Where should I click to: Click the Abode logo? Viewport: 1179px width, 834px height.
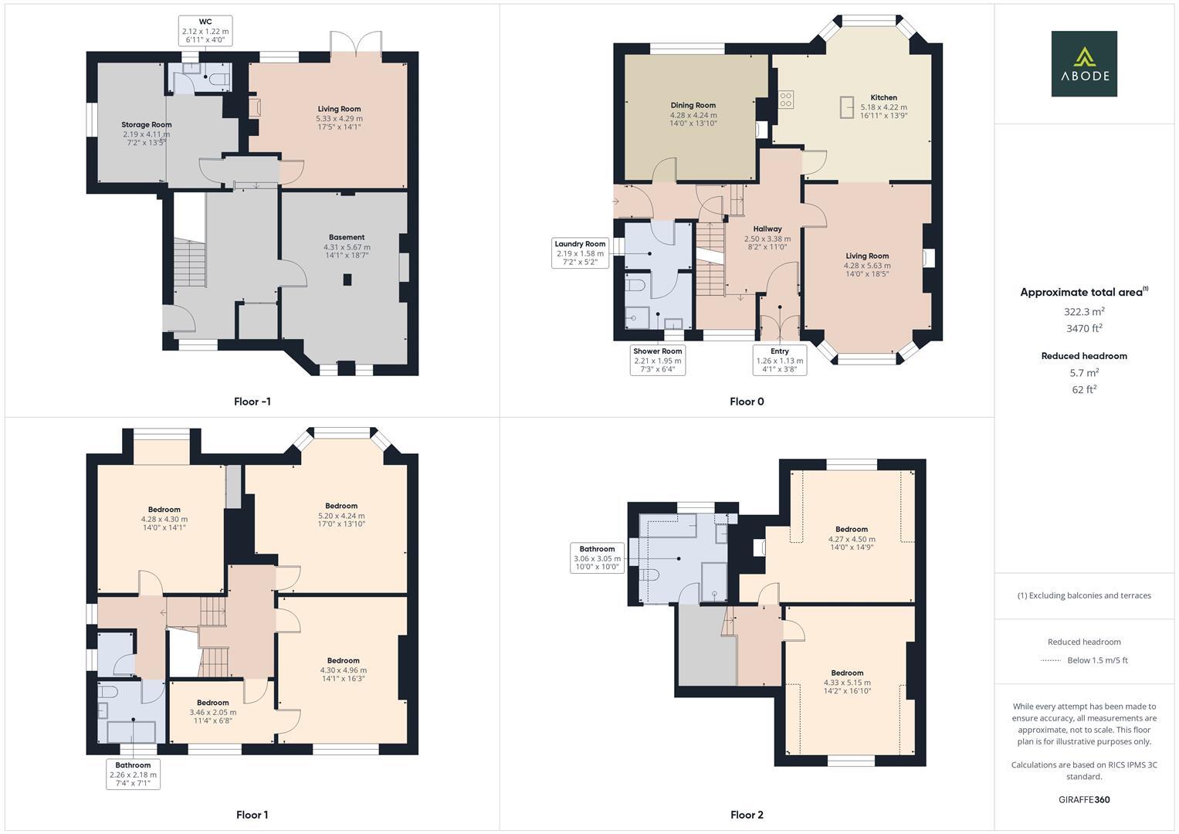point(1083,64)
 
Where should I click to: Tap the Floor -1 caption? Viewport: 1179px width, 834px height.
point(252,402)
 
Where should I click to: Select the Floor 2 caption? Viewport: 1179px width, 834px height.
point(747,815)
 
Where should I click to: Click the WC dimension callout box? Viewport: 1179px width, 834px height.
point(205,31)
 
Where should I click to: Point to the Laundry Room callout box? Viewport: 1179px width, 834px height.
point(580,253)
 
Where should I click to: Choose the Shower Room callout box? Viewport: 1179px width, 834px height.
point(657,360)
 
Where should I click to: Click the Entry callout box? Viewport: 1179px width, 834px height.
point(780,360)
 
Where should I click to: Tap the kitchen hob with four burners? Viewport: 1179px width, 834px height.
point(786,100)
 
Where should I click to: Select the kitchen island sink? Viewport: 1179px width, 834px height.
point(847,107)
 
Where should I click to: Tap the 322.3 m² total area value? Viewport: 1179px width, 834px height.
point(1084,312)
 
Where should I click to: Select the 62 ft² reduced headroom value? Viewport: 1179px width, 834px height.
point(1084,389)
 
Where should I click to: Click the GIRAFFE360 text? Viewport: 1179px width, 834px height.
point(1084,799)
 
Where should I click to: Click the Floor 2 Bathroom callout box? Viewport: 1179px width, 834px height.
point(597,558)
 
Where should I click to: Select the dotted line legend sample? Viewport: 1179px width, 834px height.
point(1050,660)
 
